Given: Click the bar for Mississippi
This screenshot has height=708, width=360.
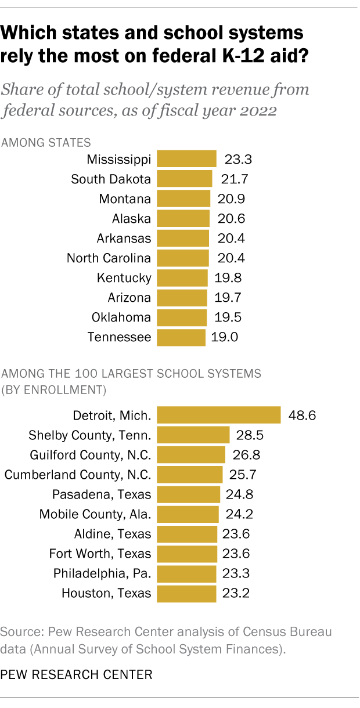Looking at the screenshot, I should click(x=186, y=160).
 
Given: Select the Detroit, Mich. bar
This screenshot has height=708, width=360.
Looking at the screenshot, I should click(x=219, y=416).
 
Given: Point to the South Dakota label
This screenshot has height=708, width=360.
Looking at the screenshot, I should click(x=111, y=179).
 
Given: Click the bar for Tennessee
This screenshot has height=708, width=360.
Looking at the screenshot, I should click(x=181, y=337).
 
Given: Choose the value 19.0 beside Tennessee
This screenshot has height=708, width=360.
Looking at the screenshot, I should click(x=225, y=337).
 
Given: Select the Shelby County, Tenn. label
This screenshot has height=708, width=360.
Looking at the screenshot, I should click(x=90, y=435).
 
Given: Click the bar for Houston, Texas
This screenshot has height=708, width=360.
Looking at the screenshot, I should click(x=186, y=593).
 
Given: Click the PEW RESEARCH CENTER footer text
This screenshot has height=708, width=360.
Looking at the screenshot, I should click(x=78, y=675).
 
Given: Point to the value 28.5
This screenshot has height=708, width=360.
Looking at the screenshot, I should click(x=249, y=435).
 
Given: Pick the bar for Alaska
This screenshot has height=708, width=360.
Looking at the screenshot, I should click(x=183, y=219).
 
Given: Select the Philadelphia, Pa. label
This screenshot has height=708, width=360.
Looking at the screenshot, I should click(x=102, y=573).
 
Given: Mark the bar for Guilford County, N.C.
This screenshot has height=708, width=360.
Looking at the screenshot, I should click(x=191, y=455).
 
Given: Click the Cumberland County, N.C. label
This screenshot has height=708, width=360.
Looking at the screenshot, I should click(x=78, y=475).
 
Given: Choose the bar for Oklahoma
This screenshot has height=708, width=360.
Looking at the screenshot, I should click(x=182, y=317).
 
